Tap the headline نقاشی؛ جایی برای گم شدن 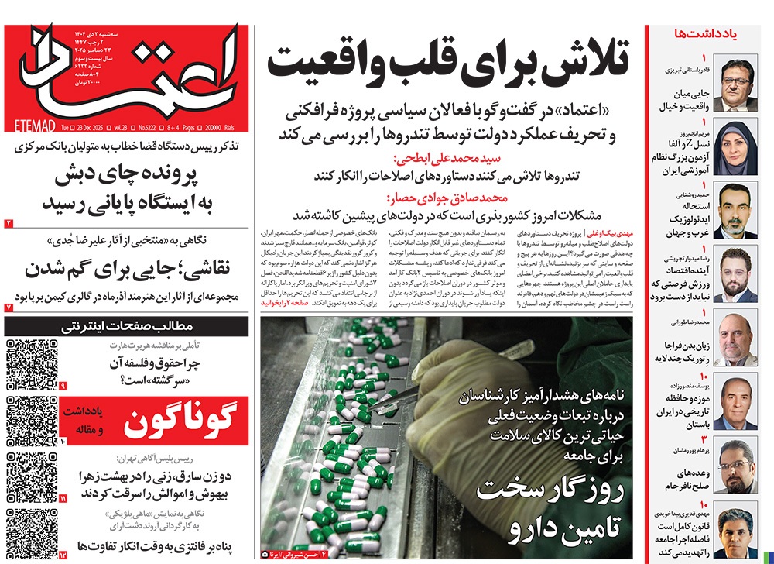(x=127, y=270)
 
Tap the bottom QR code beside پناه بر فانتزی (x=31, y=535)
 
